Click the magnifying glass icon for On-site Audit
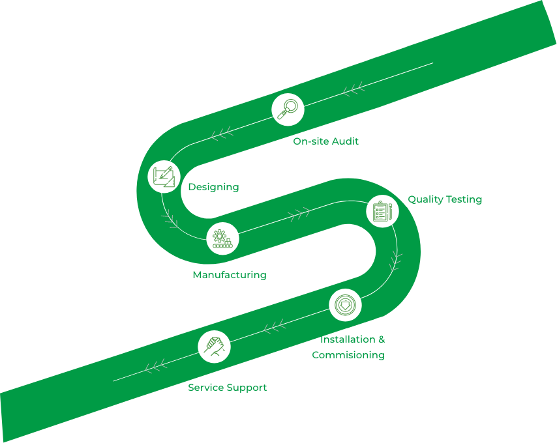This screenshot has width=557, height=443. [288, 109]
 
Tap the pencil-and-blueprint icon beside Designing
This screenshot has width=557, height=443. [164, 176]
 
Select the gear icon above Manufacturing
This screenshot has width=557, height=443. [222, 238]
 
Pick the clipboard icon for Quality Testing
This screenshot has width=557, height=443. [382, 211]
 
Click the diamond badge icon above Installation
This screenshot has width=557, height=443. [345, 305]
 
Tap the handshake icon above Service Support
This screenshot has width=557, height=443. [215, 345]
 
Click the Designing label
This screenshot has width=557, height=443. [213, 187]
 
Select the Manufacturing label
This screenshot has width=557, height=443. [229, 275]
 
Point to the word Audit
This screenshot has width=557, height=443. [346, 141]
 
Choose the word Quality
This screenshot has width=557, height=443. [425, 199]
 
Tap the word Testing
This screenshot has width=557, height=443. [463, 199]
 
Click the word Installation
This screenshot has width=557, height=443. [347, 339]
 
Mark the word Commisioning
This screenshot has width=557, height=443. [348, 355]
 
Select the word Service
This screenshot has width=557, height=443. [205, 388]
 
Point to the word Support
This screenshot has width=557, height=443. [247, 388]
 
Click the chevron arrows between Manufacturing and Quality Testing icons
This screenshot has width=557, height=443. [299, 212]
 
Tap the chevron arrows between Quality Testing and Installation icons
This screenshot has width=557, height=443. [395, 261]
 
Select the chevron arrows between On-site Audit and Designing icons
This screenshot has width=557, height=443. [222, 134]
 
